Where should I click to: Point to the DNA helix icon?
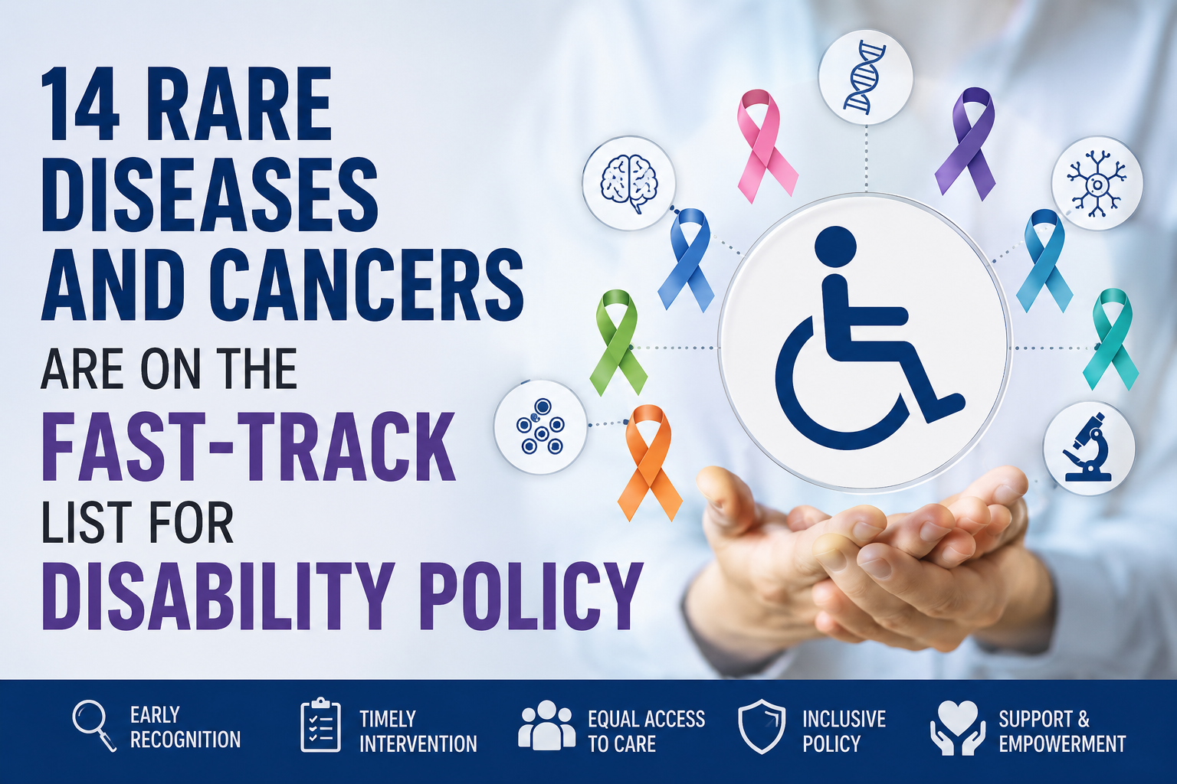tap(864, 77)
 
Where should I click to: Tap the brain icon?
tap(628, 183)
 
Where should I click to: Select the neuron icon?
tap(1096, 184)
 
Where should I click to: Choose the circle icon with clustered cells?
tap(540, 426)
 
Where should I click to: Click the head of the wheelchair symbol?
tap(835, 247)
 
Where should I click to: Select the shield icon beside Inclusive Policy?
tap(762, 727)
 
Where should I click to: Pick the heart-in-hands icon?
tap(958, 728)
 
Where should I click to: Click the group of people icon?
tap(546, 724)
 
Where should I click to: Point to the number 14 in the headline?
tap(80, 104)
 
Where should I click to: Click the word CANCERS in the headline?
tap(367, 284)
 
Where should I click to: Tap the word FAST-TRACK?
tap(248, 446)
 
